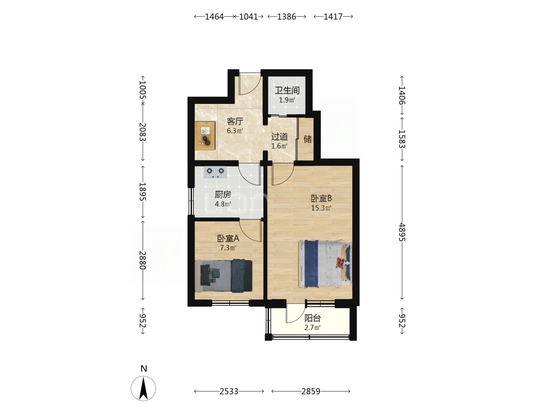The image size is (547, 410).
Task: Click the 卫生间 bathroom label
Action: (x=287, y=90)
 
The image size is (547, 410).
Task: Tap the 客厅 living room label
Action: (x=235, y=121)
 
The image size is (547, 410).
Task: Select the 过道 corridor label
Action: (x=279, y=137)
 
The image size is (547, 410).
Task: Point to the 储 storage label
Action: (x=307, y=139)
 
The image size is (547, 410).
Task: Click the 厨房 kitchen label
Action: (x=223, y=195)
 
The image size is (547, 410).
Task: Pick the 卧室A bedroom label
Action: (x=228, y=239)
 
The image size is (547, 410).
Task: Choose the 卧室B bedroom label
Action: (x=321, y=198)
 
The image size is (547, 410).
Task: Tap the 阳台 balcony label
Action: (x=313, y=318)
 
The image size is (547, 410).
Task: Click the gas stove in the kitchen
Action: (x=215, y=172)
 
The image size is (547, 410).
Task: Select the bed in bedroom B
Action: (x=325, y=264)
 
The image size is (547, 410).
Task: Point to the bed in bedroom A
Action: (x=223, y=276)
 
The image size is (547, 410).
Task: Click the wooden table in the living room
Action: (x=205, y=135)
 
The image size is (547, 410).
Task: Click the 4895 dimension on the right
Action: (x=402, y=232)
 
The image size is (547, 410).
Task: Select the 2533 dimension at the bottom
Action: (x=229, y=391)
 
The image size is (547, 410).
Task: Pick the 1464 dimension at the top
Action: (x=215, y=17)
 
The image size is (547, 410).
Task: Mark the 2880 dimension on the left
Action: (x=142, y=260)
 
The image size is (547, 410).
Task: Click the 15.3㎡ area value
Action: (x=321, y=208)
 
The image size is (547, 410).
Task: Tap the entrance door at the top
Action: (x=250, y=84)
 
